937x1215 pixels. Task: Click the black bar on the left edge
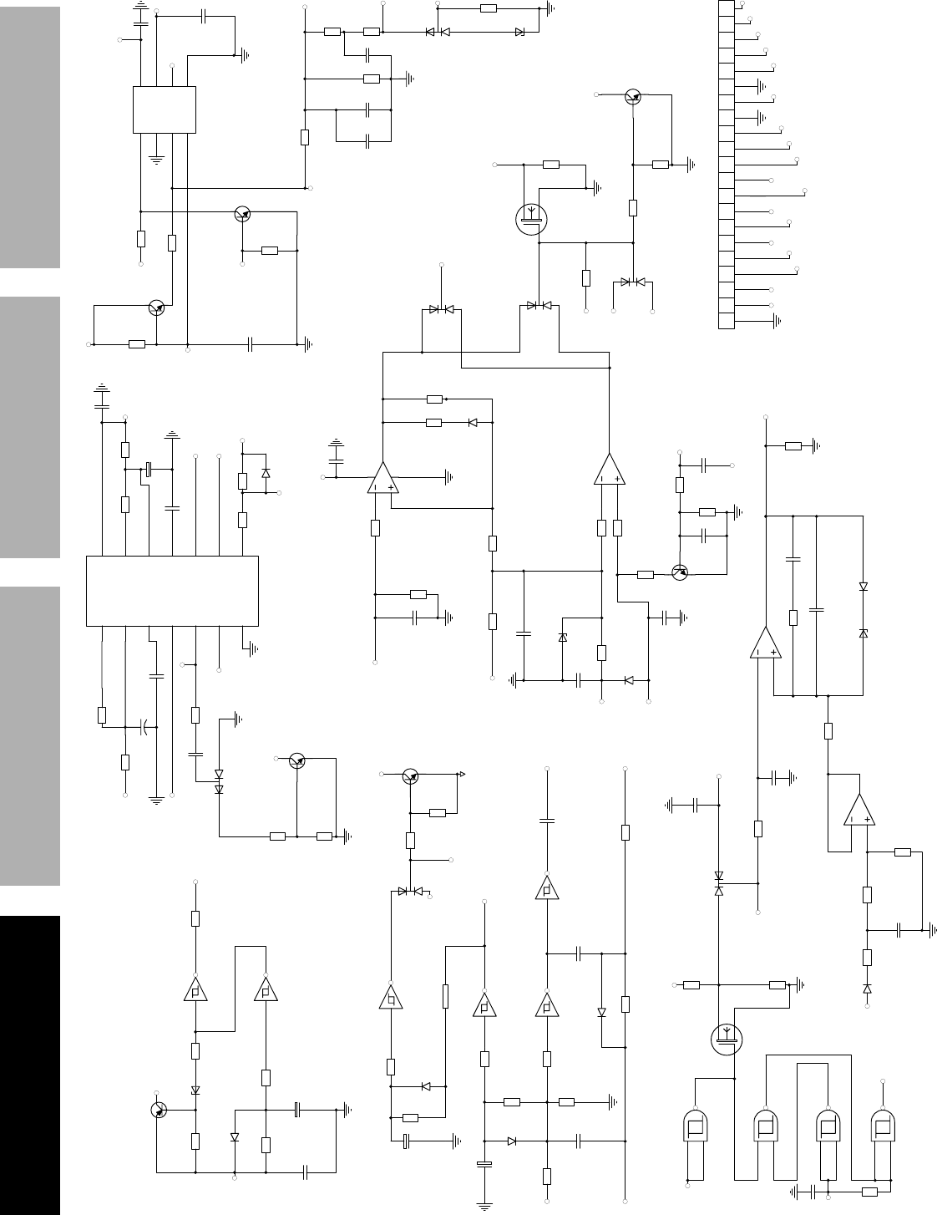click(30, 1065)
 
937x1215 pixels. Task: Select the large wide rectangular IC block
click(172, 590)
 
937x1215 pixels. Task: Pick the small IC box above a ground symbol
click(165, 109)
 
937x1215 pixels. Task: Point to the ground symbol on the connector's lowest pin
click(778, 320)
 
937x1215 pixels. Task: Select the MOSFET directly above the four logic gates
click(725, 1039)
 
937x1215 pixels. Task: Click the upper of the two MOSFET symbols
click(530, 220)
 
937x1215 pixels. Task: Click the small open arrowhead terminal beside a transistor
click(461, 775)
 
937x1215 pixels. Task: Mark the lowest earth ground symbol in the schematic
click(484, 1204)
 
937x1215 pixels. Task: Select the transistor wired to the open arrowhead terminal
click(409, 776)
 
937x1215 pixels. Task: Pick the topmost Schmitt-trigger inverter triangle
click(546, 889)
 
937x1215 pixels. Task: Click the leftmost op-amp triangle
click(382, 479)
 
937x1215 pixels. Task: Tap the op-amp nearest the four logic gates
click(858, 810)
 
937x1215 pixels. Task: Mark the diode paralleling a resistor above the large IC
click(266, 473)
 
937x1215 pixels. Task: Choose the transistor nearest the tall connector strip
click(634, 97)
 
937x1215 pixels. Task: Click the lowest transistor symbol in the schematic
click(159, 1110)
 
